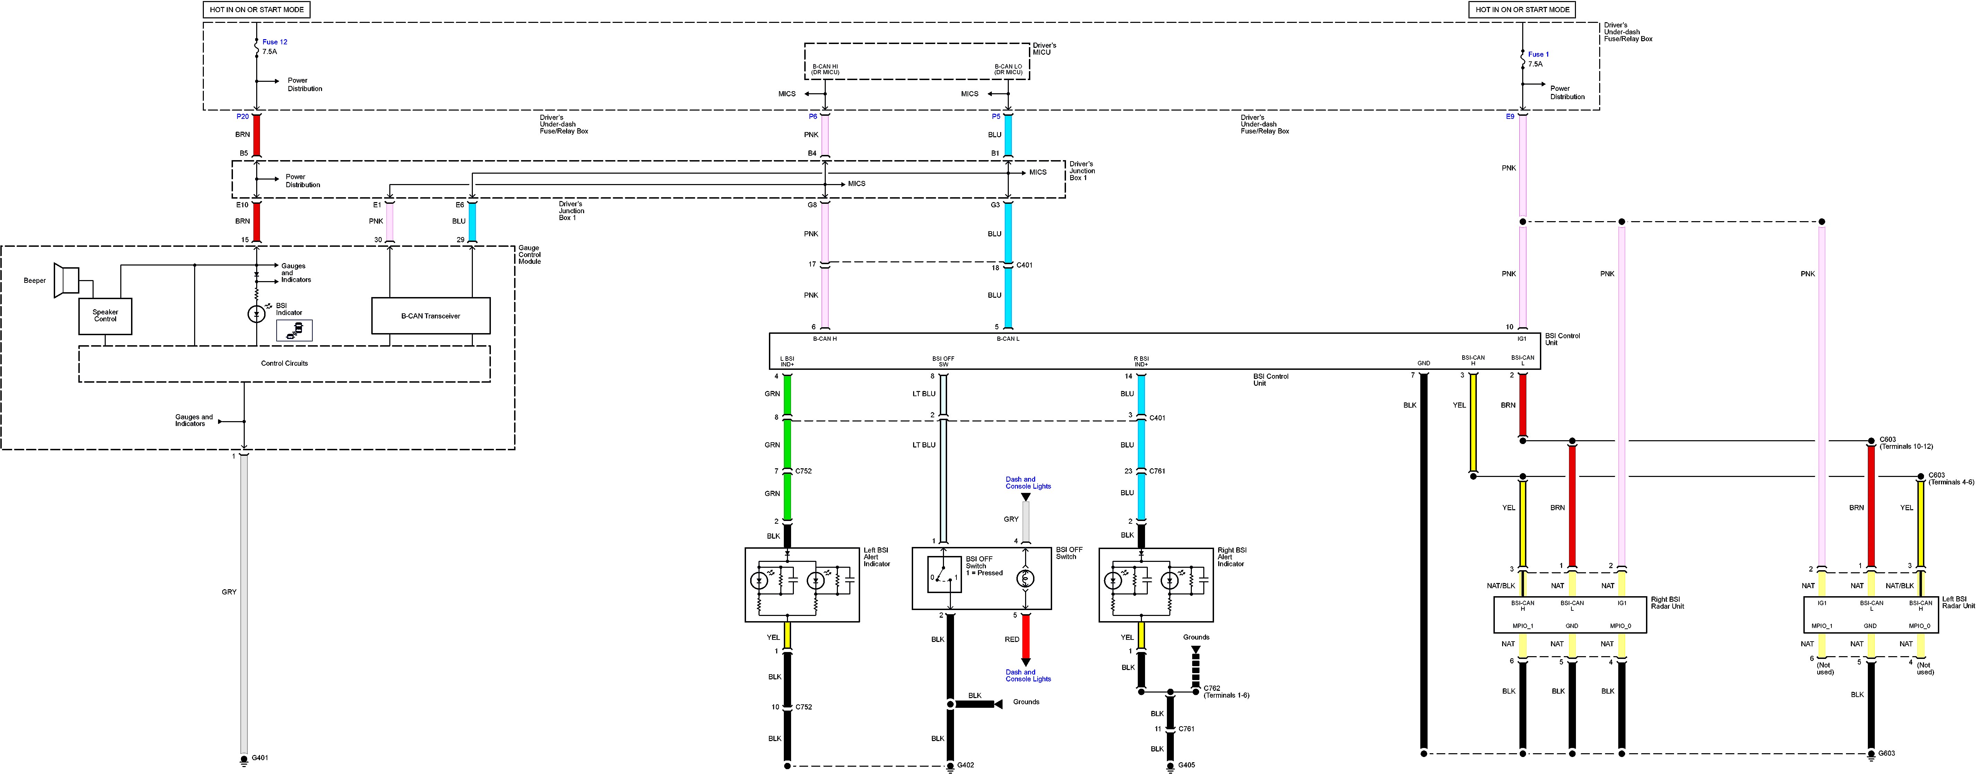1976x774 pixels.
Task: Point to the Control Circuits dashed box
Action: [284, 364]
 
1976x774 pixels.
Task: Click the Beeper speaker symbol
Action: [68, 280]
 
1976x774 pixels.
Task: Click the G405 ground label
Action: [1186, 765]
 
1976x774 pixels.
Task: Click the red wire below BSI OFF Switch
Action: [1025, 637]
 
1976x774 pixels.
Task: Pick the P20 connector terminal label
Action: [242, 116]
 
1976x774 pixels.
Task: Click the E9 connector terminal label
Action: [1510, 116]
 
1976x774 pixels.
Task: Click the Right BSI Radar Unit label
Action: [1667, 603]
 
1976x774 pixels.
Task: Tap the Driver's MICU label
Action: [1044, 48]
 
